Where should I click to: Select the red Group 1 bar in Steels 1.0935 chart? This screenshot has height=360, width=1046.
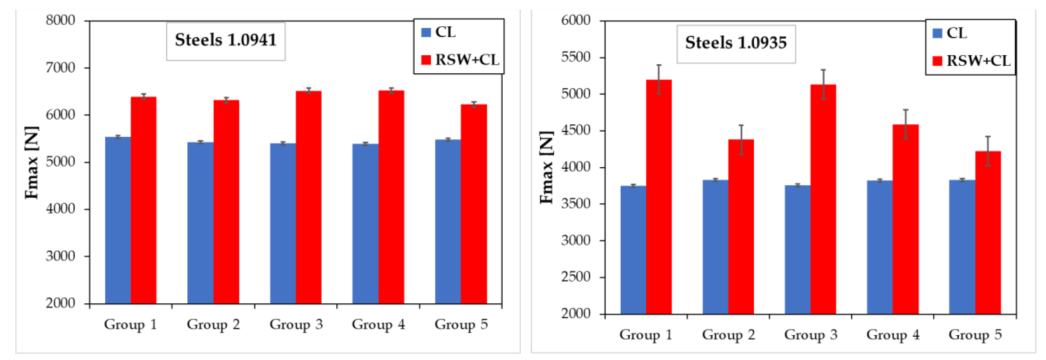coord(659,196)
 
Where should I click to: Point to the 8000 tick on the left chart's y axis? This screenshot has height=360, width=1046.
coord(61,20)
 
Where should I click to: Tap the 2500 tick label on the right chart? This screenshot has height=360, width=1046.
coord(576,277)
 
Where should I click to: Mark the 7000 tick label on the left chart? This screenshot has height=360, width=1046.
coord(61,67)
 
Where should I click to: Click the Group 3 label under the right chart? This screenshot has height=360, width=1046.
coord(810,335)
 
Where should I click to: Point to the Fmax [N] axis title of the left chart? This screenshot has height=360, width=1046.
coord(32,162)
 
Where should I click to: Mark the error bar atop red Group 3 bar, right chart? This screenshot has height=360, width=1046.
coord(823,84)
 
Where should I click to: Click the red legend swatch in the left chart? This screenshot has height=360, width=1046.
coord(426,60)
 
